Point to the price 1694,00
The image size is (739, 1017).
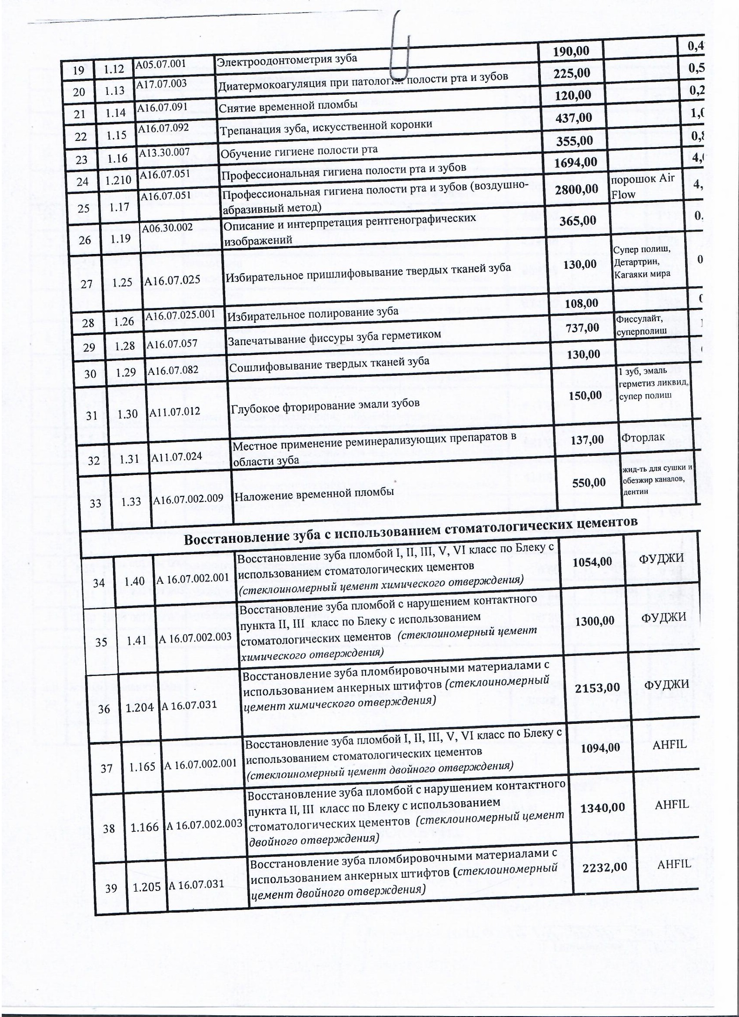(576, 162)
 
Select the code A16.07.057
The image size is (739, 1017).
(173, 345)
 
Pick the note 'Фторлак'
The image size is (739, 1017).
(642, 438)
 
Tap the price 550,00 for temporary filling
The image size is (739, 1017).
(589, 482)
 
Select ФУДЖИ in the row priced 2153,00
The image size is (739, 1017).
(666, 685)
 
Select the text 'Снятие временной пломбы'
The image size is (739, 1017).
(288, 106)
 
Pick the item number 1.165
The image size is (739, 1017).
(143, 767)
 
